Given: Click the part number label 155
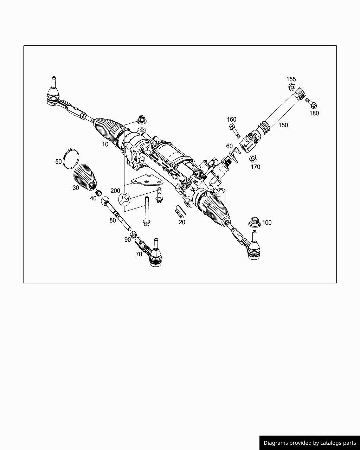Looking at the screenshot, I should (x=291, y=79).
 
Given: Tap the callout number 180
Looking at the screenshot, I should (x=314, y=113).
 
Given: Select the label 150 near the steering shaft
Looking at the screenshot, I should (x=283, y=125).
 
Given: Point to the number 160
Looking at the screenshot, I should (x=231, y=120).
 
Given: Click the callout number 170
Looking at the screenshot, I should (x=255, y=167).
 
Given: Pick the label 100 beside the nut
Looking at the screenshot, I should (x=267, y=223).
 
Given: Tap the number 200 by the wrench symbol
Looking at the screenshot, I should (x=115, y=191).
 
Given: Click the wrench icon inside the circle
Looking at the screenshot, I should (x=124, y=200).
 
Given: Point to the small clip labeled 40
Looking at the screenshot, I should (x=99, y=192).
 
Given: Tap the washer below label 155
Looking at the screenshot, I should (x=291, y=87).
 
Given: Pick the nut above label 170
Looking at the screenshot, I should (x=252, y=158).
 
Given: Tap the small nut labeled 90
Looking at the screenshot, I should (x=134, y=234).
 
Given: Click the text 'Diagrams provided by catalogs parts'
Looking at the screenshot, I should (x=310, y=443).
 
